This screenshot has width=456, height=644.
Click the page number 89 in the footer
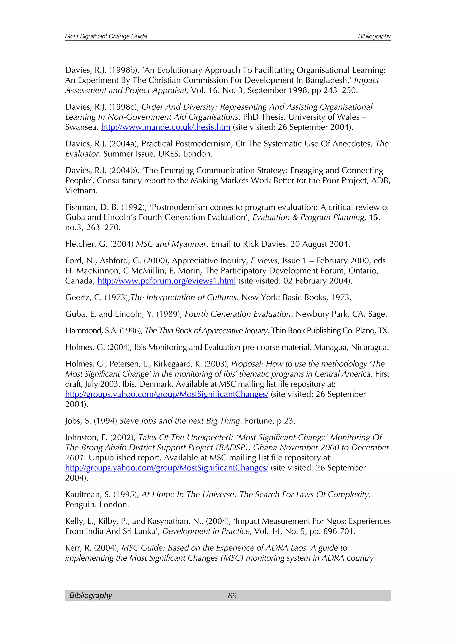click(232, 596)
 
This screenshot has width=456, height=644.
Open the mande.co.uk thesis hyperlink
click(166, 127)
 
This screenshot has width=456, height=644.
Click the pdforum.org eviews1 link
click(167, 281)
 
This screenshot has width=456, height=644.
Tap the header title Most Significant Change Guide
click(106, 36)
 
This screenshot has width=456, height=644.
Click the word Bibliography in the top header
click(374, 36)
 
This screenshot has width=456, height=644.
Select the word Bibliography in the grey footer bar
click(90, 595)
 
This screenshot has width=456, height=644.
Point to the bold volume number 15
click(373, 217)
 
